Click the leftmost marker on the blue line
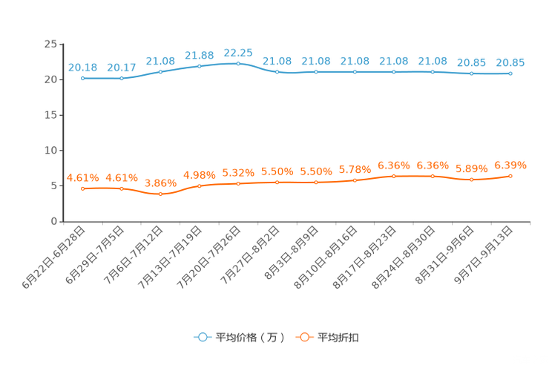pyautogui.click(x=82, y=78)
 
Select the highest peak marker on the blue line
pyautogui.click(x=238, y=64)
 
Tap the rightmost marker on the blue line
pyautogui.click(x=510, y=73)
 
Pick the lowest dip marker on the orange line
pyautogui.click(x=160, y=194)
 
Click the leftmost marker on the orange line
pyautogui.click(x=82, y=189)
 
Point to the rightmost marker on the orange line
pyautogui.click(x=510, y=176)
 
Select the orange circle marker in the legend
pyautogui.click(x=303, y=337)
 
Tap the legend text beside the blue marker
pyautogui.click(x=249, y=338)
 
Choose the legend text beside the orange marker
pyautogui.click(x=338, y=338)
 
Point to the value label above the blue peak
pyautogui.click(x=238, y=53)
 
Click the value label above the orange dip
pyautogui.click(x=160, y=183)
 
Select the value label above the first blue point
pyautogui.click(x=82, y=68)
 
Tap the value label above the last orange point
pyautogui.click(x=510, y=164)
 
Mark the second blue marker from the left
pyautogui.click(x=122, y=78)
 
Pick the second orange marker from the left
pyautogui.click(x=122, y=188)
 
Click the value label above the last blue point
pyautogui.click(x=510, y=62)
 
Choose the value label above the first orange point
pyautogui.click(x=82, y=177)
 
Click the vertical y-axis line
pyautogui.click(x=62, y=134)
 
